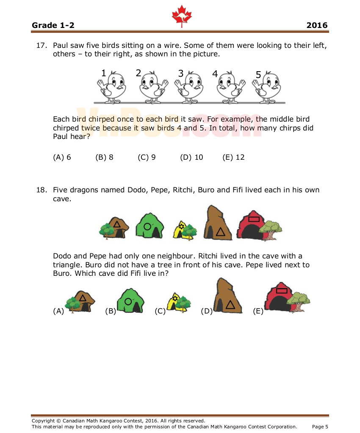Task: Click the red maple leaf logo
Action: coord(182,17)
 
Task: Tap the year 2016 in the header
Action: coord(317,25)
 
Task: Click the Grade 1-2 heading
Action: coord(53,25)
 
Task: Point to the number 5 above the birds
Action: coord(258,75)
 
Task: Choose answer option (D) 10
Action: coord(191,157)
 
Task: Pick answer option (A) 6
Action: coord(62,157)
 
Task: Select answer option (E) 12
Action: coord(233,157)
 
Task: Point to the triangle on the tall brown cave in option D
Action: coord(230,304)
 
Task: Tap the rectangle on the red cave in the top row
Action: coord(254,219)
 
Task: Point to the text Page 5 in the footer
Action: coord(320,427)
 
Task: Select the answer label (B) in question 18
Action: coord(110,311)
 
